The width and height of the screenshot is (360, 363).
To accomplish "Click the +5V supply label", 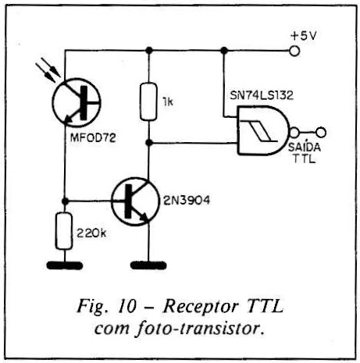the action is (x=304, y=36).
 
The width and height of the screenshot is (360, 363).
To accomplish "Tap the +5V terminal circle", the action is (x=294, y=51).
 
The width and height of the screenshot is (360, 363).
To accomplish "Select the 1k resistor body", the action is (x=148, y=101).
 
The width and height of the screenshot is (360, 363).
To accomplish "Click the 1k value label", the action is (x=167, y=102).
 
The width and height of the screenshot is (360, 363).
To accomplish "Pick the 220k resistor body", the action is (x=64, y=231).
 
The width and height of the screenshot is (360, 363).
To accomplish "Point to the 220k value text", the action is (x=91, y=233).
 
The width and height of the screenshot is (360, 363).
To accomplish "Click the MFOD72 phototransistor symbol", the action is (x=77, y=102).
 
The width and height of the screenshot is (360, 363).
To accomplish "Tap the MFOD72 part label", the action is (x=93, y=138).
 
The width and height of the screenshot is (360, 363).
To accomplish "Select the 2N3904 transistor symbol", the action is (x=135, y=201).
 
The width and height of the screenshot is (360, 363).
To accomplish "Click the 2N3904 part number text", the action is (x=187, y=201).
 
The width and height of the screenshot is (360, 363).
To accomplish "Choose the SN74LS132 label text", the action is (x=262, y=95).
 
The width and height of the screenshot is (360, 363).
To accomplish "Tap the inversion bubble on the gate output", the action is (x=294, y=133).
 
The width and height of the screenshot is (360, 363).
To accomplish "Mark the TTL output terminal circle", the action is (x=321, y=133).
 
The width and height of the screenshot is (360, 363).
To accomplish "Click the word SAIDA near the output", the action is (x=305, y=148).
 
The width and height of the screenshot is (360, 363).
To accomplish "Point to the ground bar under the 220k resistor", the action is (x=65, y=265).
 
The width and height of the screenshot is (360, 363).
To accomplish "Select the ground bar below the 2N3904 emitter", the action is (x=148, y=265).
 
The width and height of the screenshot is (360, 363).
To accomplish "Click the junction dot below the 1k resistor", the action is (x=148, y=143).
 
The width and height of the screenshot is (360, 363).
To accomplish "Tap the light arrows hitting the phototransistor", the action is (x=48, y=69).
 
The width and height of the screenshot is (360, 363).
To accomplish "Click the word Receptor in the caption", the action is (x=201, y=307).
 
